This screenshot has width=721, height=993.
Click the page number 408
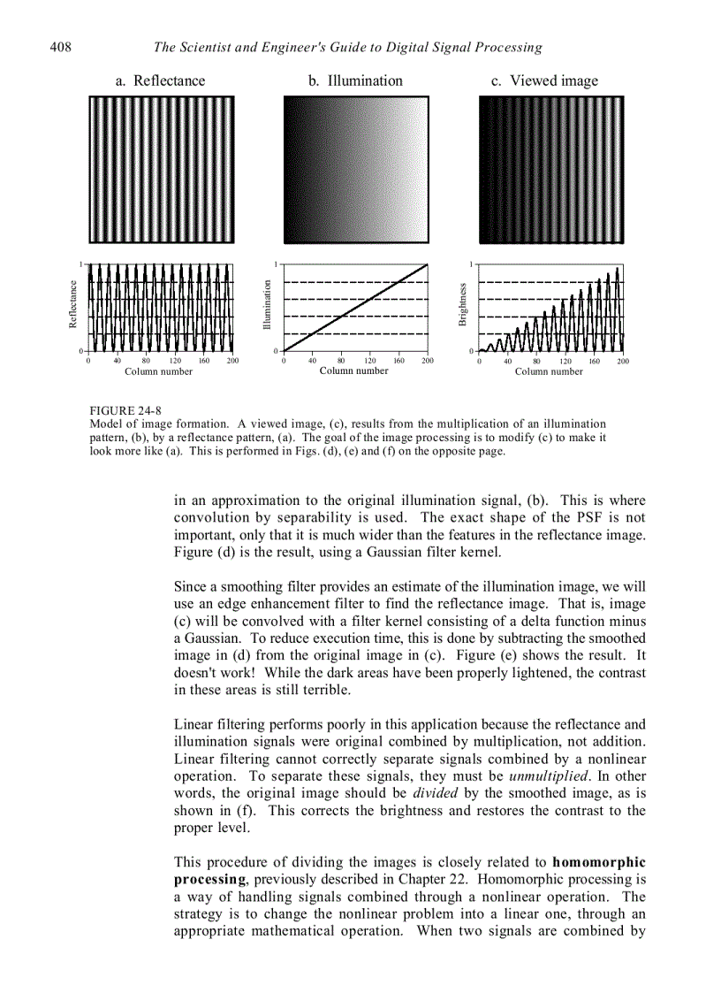coord(60,47)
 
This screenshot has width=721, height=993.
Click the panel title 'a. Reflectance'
coord(160,80)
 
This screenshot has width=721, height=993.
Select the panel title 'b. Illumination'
coord(355,80)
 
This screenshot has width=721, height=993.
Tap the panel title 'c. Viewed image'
coord(544,80)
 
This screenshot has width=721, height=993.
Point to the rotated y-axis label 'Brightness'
coord(462,305)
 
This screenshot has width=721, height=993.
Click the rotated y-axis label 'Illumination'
coord(267,305)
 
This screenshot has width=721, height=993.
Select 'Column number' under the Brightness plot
coord(549,372)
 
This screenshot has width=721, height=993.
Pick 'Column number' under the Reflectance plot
coord(158,372)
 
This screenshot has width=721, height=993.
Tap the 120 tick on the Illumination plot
coord(369,361)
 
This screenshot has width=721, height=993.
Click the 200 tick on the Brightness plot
coord(623,361)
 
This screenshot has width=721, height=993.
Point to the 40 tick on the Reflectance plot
coord(117,361)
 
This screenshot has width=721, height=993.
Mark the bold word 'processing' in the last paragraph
coord(209,879)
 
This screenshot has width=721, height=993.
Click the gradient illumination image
coord(355,169)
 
